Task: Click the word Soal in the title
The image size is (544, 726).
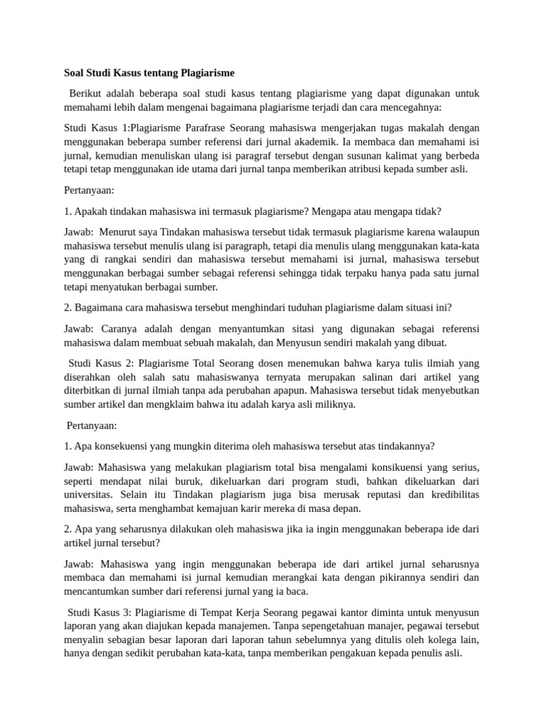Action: [76, 73]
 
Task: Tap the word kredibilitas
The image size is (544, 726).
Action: [449, 495]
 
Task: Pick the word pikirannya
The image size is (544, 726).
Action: [393, 578]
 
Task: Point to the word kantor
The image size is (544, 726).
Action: [344, 613]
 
